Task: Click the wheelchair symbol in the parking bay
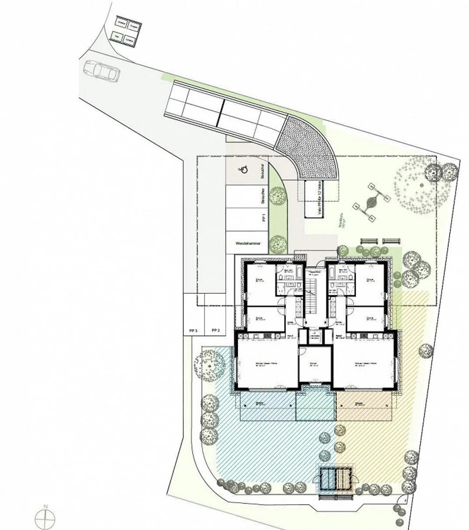(244, 169)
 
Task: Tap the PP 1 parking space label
(264, 217)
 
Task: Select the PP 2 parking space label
(216, 330)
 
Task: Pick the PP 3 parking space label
(193, 330)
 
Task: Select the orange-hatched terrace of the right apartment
(363, 406)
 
